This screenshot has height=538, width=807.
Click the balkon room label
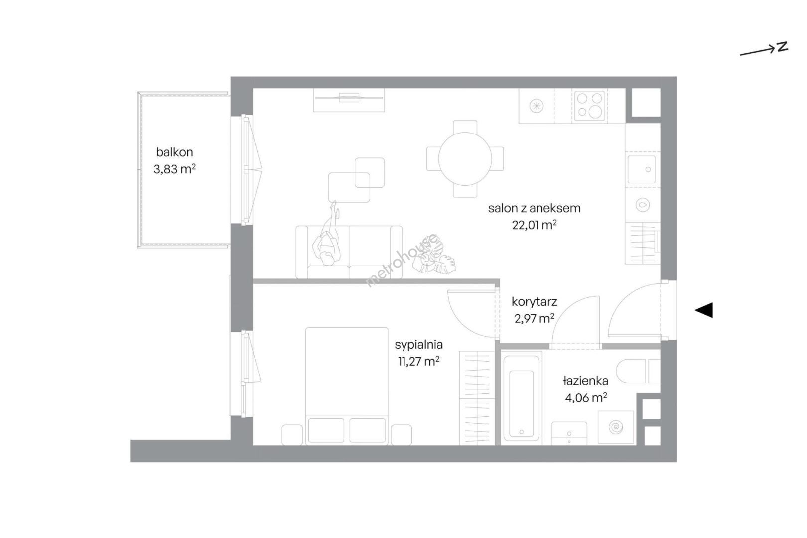coord(174,152)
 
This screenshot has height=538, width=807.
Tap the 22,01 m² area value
coord(535,225)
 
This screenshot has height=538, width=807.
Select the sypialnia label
coord(418,345)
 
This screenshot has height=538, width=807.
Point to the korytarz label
coord(535,302)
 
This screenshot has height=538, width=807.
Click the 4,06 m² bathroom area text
coord(586,398)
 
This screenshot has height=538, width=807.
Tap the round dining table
coord(465,159)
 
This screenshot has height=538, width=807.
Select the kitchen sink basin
coord(642,169)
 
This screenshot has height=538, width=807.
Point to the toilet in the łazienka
coord(638,371)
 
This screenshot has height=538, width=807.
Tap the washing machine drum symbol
coord(616,428)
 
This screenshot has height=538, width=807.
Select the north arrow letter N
coord(783,47)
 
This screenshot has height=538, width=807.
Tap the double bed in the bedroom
coord(347,386)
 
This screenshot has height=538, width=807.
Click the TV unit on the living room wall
coord(349,100)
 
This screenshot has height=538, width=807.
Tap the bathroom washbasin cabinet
coord(569,433)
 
